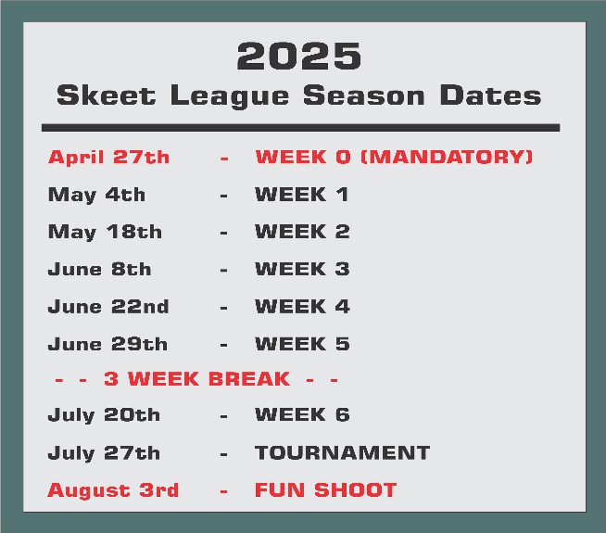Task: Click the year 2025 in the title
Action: point(299,57)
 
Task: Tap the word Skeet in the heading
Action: point(106,95)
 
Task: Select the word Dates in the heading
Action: point(490,95)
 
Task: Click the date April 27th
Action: point(108,157)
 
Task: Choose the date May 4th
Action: point(96,195)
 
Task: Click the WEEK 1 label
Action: point(302,195)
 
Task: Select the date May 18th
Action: point(105,233)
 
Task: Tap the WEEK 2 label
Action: point(302,232)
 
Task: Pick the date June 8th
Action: point(99,269)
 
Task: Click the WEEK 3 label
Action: point(302,269)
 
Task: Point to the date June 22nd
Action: point(108,307)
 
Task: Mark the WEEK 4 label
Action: point(302,307)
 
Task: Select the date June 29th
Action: point(107,344)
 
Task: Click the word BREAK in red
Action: point(249,379)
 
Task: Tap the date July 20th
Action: point(104,415)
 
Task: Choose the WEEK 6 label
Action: point(302,414)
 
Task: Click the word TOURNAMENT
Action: point(342,452)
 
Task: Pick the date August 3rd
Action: point(113,491)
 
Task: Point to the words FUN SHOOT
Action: point(326,490)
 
